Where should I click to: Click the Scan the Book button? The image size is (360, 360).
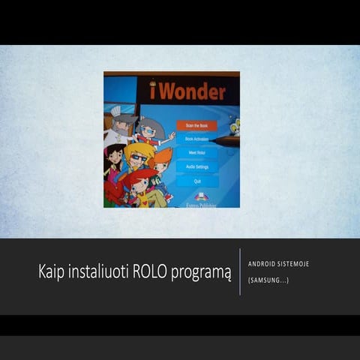click(x=196, y=126)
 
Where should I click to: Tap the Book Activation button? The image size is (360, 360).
click(x=196, y=139)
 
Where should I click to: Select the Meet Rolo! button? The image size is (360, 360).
click(x=196, y=153)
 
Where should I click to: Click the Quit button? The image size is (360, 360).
click(x=196, y=181)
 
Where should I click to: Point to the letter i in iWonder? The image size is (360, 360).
click(x=153, y=92)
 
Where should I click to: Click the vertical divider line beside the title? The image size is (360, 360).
click(x=240, y=271)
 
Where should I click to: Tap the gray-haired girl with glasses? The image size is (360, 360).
click(x=151, y=130)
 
